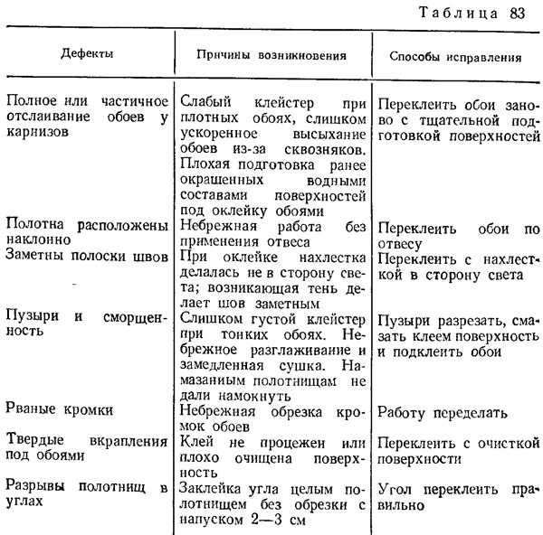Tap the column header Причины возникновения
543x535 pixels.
271,55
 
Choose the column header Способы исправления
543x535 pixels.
454,56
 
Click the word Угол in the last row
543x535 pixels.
395,490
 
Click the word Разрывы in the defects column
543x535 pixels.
36,489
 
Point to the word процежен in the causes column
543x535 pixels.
282,443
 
